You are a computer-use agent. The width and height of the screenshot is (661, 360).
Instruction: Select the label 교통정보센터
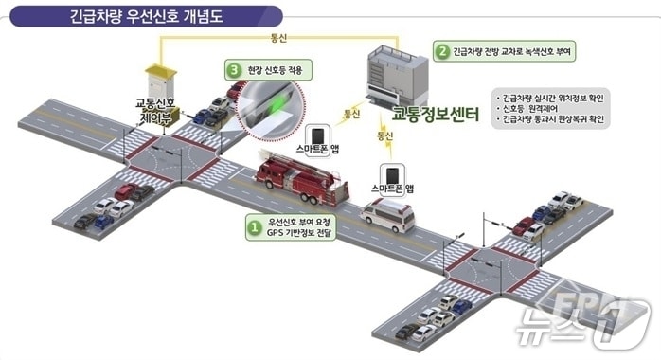click(436, 116)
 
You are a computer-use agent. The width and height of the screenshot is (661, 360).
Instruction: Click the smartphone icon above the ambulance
click(390, 175)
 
